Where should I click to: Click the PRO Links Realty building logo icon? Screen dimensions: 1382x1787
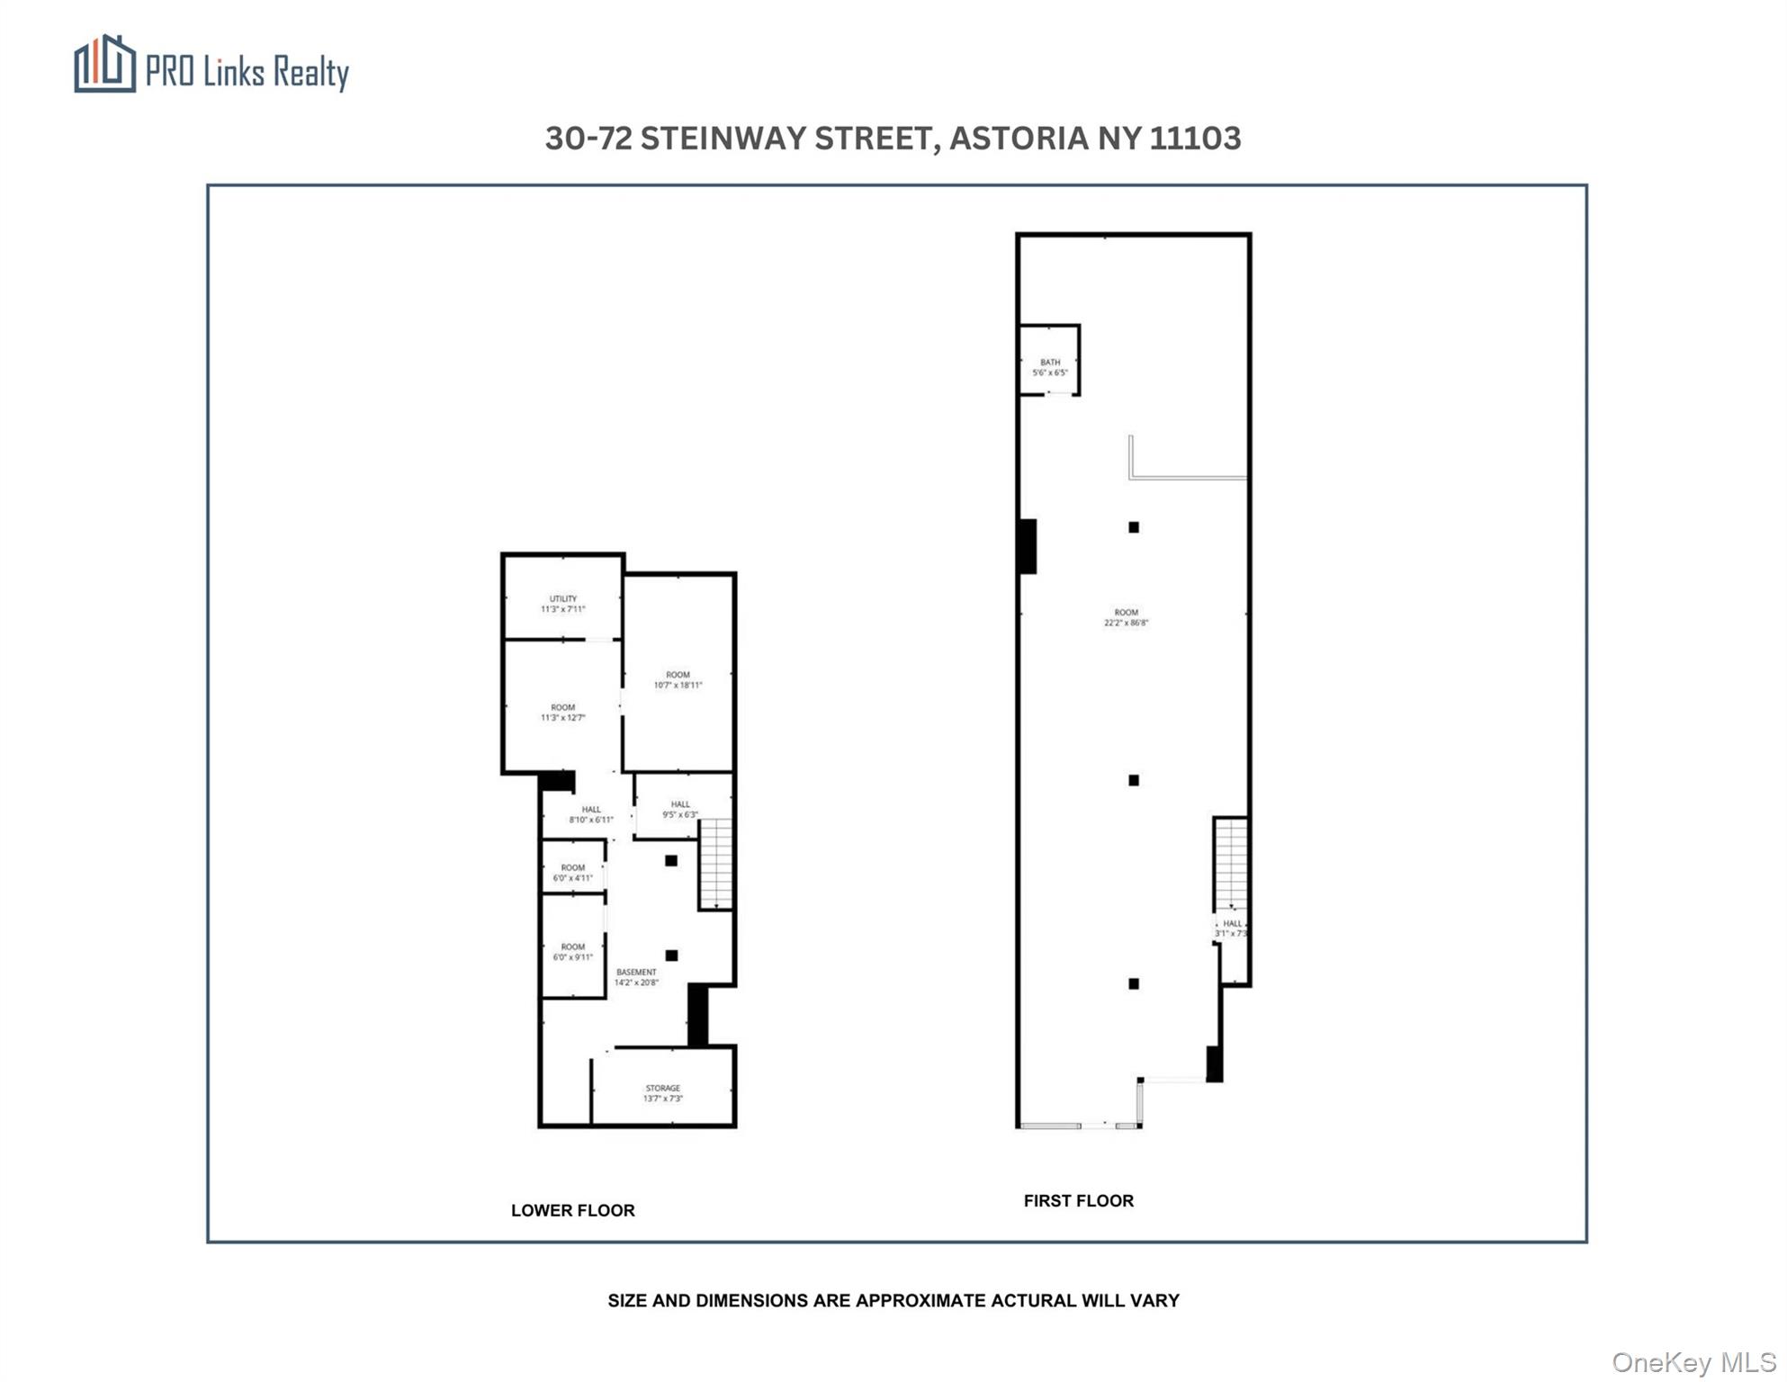[x=104, y=64]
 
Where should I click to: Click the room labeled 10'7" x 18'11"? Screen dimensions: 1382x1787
[x=678, y=680]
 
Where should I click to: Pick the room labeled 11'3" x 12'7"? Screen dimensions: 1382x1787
[x=562, y=713]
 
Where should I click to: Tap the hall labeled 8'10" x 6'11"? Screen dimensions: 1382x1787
[x=590, y=814]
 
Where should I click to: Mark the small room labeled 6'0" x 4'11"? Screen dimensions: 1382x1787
[x=572, y=873]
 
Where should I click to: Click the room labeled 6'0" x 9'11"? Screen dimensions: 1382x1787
[x=572, y=952]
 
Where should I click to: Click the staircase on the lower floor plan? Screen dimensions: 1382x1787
[x=715, y=864]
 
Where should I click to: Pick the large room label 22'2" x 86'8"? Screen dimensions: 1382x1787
[x=1126, y=617]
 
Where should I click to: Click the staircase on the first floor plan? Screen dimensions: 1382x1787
[x=1230, y=864]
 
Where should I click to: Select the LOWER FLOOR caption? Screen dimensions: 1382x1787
[x=572, y=1210]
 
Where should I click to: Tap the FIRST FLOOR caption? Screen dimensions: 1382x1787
[x=1078, y=1200]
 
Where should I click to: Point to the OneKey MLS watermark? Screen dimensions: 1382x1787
[x=1693, y=1362]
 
